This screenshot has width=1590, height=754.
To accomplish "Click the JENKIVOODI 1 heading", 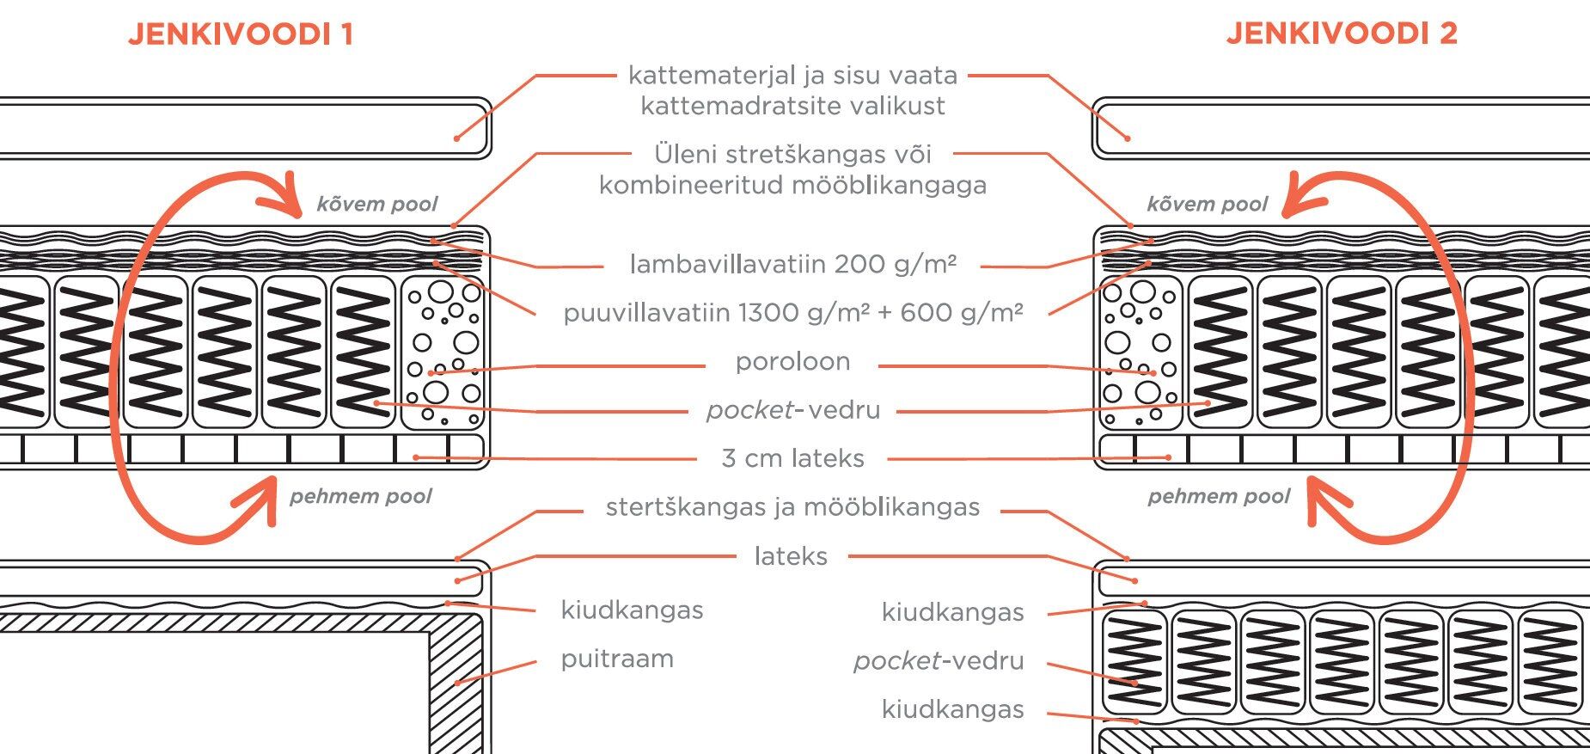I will tap(241, 34).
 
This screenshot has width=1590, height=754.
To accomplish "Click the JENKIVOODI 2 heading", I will tap(1341, 34).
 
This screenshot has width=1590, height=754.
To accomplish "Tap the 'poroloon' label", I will tap(792, 362).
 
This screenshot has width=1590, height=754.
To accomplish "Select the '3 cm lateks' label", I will tap(792, 458).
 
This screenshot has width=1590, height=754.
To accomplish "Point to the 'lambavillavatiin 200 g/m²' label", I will tap(792, 264).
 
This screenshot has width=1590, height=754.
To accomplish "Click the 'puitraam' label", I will tap(617, 659).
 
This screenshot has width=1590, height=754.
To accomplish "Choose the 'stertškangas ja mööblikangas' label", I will tap(792, 507).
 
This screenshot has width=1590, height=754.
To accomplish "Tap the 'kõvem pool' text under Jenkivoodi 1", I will tap(376, 205).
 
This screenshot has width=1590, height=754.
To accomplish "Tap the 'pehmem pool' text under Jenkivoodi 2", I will tap(1219, 497).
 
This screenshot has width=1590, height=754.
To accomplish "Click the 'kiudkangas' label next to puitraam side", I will tap(632, 610).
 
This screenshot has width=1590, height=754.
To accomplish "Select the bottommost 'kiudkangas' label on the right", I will tap(952, 710).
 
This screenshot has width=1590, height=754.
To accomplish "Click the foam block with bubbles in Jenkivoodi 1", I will tap(443, 352).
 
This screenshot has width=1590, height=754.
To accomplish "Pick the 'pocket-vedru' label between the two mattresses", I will tap(792, 410).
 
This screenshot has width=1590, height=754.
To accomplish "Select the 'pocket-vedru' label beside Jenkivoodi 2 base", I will tap(939, 661).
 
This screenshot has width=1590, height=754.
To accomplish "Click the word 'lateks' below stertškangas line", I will tap(791, 556).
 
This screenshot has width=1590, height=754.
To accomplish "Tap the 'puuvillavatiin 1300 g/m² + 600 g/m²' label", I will tap(792, 313).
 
